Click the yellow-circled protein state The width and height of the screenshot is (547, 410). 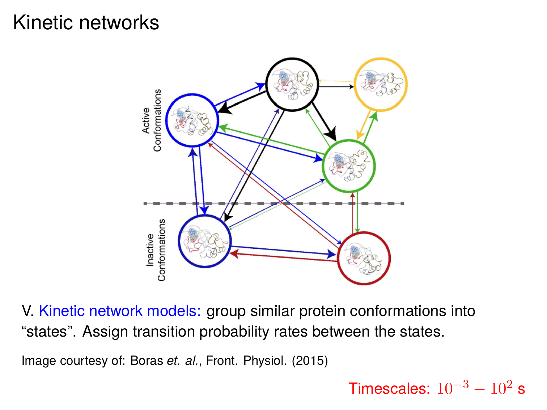click(381, 84)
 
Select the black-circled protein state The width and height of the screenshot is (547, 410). click(292, 84)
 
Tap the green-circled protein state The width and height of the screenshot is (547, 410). click(349, 166)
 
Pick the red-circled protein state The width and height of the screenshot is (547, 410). click(364, 258)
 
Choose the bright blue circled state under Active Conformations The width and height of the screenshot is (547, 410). click(192, 120)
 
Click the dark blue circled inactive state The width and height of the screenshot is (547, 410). click(205, 241)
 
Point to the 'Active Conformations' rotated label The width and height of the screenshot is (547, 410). click(152, 120)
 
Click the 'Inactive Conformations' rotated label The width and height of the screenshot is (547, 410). click(156, 250)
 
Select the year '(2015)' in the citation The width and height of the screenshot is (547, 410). click(310, 360)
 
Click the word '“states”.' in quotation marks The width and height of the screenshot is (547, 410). click(49, 332)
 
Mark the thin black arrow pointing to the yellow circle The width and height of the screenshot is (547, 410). click(336, 87)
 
